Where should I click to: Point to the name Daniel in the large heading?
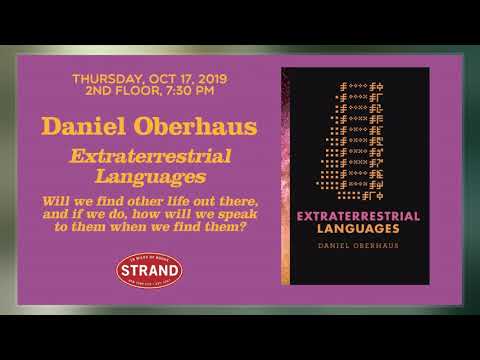click(82, 127)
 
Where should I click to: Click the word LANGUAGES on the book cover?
click(355, 229)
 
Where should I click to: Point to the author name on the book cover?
click(355, 246)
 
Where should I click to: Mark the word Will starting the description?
click(55, 199)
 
